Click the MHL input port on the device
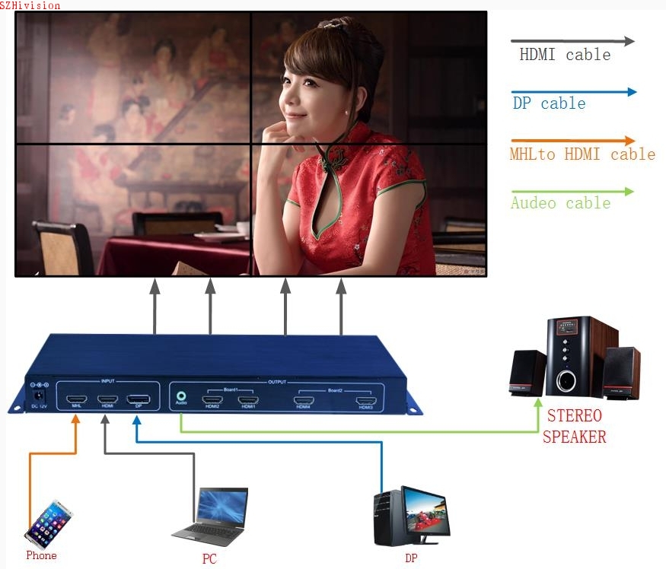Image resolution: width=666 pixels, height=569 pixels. coord(76,399)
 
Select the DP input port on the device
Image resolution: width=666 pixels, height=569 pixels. coord(138,399)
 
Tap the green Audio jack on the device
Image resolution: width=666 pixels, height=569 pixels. coord(180,396)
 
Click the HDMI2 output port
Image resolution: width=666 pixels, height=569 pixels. coord(211,399)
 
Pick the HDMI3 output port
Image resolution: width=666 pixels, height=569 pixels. coord(366,400)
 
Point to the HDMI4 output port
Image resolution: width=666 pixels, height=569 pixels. coord(304,400)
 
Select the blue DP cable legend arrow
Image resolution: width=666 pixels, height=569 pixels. coord(574,92)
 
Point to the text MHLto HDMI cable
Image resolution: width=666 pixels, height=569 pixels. coord(583,154)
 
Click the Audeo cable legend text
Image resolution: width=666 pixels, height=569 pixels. coord(561,203)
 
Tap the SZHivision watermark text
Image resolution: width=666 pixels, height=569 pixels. coord(30,5)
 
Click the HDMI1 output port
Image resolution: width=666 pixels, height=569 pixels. coord(247,399)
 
